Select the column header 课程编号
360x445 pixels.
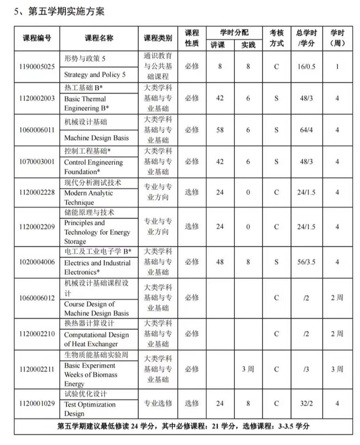(x=37, y=38)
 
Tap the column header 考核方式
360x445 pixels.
(x=276, y=38)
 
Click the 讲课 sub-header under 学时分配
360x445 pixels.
(x=220, y=44)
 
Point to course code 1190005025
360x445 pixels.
(x=37, y=67)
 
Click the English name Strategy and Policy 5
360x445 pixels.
(x=95, y=74)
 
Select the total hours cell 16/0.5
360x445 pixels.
(x=306, y=67)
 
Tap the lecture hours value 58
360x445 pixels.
(x=220, y=130)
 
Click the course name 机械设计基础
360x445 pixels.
(x=86, y=122)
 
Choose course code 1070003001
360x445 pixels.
(x=37, y=162)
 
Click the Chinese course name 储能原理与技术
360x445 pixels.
(x=89, y=213)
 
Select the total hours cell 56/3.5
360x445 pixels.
(x=306, y=262)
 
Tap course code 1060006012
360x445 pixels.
(x=37, y=298)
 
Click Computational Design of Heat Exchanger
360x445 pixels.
(x=96, y=339)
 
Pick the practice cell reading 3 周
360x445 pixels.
(x=248, y=369)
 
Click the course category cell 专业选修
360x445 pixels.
(x=158, y=403)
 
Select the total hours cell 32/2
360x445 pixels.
(x=306, y=403)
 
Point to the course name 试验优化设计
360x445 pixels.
(x=86, y=394)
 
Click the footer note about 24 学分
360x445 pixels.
(x=183, y=426)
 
